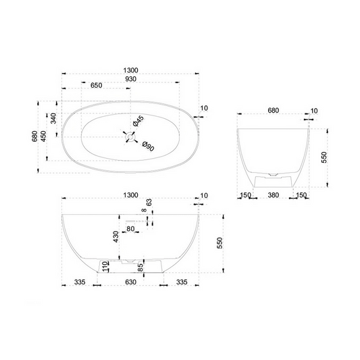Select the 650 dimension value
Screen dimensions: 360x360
[97, 86]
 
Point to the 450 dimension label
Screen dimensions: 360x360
[44, 137]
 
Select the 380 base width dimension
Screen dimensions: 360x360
[274, 197]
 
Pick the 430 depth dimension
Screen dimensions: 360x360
[116, 236]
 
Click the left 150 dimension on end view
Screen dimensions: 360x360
[245, 197]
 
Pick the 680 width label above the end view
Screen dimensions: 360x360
[273, 110]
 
